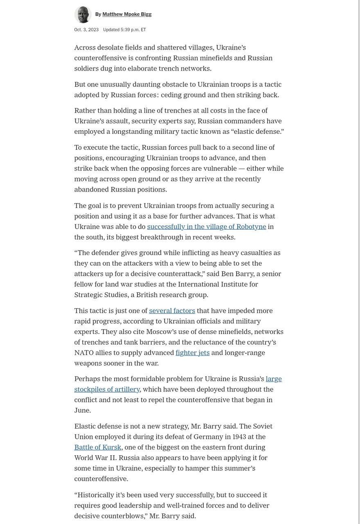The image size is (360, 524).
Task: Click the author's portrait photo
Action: pyautogui.click(x=83, y=14)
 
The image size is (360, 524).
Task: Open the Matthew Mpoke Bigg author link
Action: pyautogui.click(x=127, y=14)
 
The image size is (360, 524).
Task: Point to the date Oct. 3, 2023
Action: pyautogui.click(x=86, y=30)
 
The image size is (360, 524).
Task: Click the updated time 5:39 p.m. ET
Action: pyautogui.click(x=124, y=30)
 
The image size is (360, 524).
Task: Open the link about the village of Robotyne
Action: pyautogui.click(x=206, y=227)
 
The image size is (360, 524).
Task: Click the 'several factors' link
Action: pyautogui.click(x=172, y=311)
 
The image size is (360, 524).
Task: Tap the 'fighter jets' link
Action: pyautogui.click(x=192, y=353)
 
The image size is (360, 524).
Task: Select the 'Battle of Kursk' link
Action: pyautogui.click(x=97, y=447)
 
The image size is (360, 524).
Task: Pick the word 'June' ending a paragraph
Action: pyautogui.click(x=82, y=411)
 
